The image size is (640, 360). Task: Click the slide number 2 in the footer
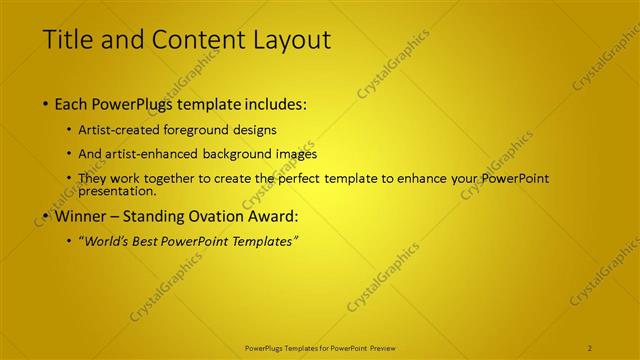pyautogui.click(x=590, y=347)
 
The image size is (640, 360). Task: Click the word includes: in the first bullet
pyautogui.click(x=270, y=104)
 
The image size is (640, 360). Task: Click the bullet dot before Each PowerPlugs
pyautogui.click(x=46, y=105)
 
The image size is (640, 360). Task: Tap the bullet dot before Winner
pyautogui.click(x=46, y=216)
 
